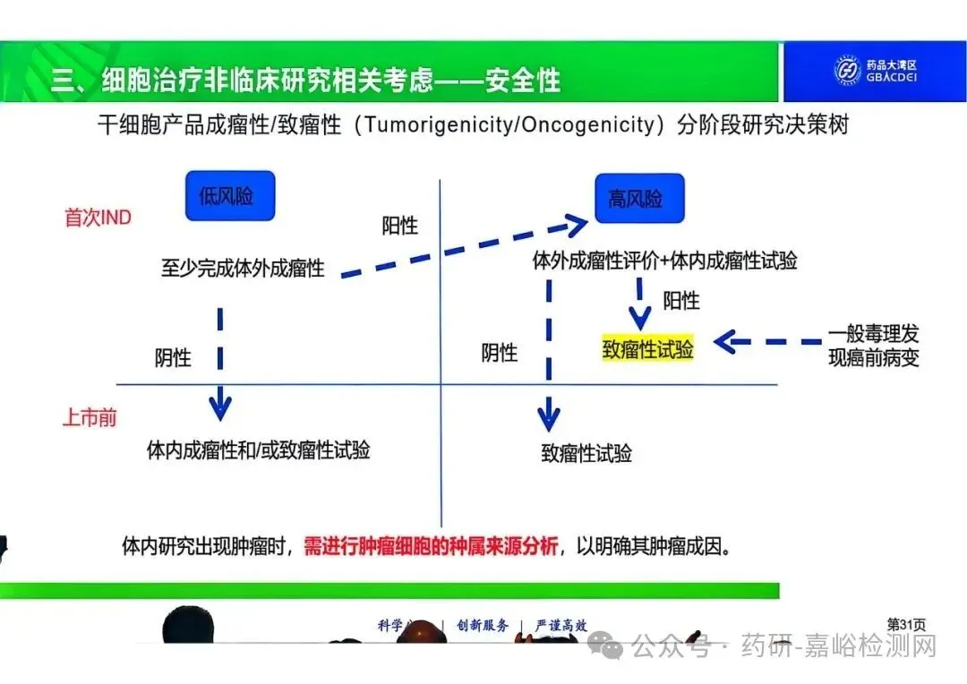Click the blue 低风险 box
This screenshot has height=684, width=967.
[x=229, y=196]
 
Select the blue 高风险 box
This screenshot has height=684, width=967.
[x=639, y=198]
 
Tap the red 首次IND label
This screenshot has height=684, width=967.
[x=98, y=218]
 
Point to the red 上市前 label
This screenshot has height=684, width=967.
[x=89, y=418]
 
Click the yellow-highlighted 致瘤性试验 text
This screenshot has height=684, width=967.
[x=647, y=349]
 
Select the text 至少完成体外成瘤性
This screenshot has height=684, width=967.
[x=243, y=267]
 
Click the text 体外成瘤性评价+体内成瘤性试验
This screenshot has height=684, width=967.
[x=664, y=261]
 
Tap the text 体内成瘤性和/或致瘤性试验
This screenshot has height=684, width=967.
[x=258, y=449]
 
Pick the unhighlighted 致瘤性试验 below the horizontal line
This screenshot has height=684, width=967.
[x=586, y=453]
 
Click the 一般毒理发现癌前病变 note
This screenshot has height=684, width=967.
[x=873, y=346]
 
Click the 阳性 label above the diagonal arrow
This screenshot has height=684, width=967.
[x=399, y=226]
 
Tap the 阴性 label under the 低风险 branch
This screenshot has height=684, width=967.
[x=173, y=357]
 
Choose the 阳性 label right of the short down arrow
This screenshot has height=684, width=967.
[x=680, y=301]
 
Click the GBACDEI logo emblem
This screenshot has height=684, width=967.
[x=847, y=70]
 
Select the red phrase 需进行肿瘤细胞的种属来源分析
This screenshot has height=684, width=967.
[x=431, y=545]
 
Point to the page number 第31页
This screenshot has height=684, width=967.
[x=905, y=623]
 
